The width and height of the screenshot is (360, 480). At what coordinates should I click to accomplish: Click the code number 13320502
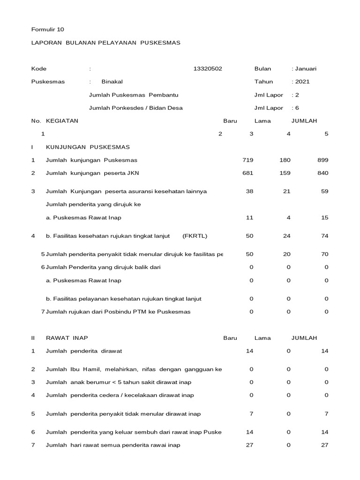(x=207, y=69)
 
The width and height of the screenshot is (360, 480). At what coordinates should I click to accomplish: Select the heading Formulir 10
(x=47, y=30)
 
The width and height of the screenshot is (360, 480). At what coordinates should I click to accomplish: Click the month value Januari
(x=305, y=69)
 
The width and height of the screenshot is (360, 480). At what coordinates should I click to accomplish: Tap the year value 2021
(x=301, y=82)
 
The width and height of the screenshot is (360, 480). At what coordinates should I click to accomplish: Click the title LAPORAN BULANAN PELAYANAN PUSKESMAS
(x=105, y=43)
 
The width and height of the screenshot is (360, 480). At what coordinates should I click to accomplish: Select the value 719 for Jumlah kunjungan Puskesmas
(x=247, y=160)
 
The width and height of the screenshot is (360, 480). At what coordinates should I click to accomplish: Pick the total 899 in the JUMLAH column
(x=323, y=160)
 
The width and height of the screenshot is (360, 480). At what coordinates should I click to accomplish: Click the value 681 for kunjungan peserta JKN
(x=247, y=173)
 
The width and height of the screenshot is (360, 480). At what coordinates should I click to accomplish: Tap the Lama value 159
(x=285, y=173)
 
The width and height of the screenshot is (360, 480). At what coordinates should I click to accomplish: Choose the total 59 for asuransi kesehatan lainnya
(x=325, y=191)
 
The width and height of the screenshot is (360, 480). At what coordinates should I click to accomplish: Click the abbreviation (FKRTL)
(x=195, y=236)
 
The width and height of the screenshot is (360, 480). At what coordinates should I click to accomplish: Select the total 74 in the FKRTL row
(x=325, y=236)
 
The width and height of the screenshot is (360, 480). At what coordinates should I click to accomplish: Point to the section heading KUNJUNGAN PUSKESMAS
(x=88, y=147)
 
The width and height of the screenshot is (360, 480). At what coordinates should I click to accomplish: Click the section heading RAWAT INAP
(x=67, y=338)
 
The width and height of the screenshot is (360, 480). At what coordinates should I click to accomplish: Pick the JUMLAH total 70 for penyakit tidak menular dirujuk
(x=325, y=254)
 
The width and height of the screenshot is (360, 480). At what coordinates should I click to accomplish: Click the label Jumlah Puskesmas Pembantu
(x=133, y=95)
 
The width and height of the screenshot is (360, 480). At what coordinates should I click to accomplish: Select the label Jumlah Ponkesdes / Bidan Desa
(x=135, y=108)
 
